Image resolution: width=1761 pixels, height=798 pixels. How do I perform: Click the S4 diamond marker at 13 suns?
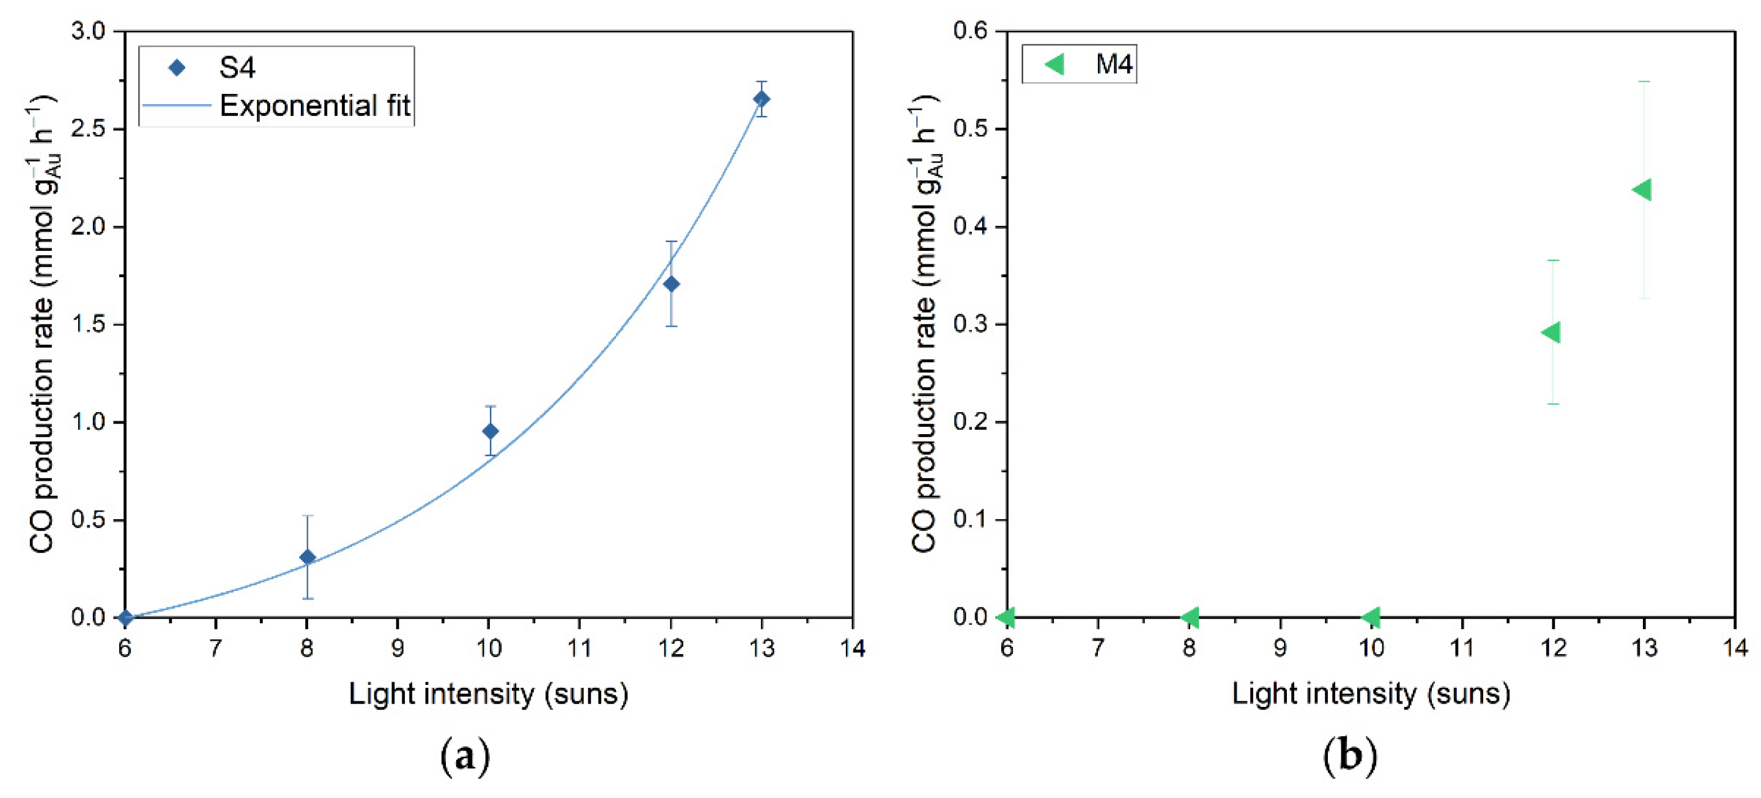click(761, 99)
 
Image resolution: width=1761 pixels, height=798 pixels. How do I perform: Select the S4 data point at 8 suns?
click(308, 557)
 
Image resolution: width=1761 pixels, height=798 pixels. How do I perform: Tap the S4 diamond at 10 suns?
click(490, 431)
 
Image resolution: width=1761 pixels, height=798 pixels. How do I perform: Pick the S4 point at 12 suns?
click(672, 284)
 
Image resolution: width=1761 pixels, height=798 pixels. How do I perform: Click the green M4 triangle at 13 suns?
click(1641, 190)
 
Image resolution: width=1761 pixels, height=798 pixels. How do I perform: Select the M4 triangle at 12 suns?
click(1551, 332)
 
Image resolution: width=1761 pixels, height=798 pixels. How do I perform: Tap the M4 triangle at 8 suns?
click(1190, 617)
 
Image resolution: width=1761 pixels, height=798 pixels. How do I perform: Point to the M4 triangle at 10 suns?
click(1371, 617)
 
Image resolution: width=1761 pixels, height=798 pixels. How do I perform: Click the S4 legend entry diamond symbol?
click(177, 67)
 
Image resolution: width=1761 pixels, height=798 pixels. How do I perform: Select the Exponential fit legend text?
click(314, 106)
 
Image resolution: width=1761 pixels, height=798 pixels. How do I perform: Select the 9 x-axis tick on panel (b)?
click(1280, 647)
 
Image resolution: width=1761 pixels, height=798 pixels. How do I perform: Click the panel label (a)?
click(466, 756)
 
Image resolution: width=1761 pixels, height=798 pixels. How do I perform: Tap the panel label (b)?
click(1349, 756)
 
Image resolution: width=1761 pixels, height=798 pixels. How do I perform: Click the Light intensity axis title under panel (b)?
click(1371, 694)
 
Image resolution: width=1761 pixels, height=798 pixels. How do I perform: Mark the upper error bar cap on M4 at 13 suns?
click(1644, 82)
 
